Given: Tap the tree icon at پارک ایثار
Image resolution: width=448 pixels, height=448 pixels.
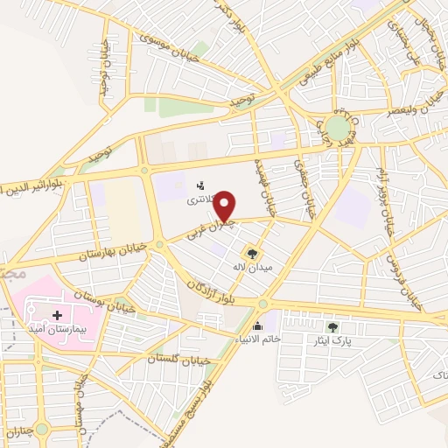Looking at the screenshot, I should coord(332,326).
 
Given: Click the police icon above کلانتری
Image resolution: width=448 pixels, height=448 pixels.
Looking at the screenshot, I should coord(201,185).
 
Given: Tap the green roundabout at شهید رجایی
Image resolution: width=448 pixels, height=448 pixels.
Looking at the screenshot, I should coord(337,129).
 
